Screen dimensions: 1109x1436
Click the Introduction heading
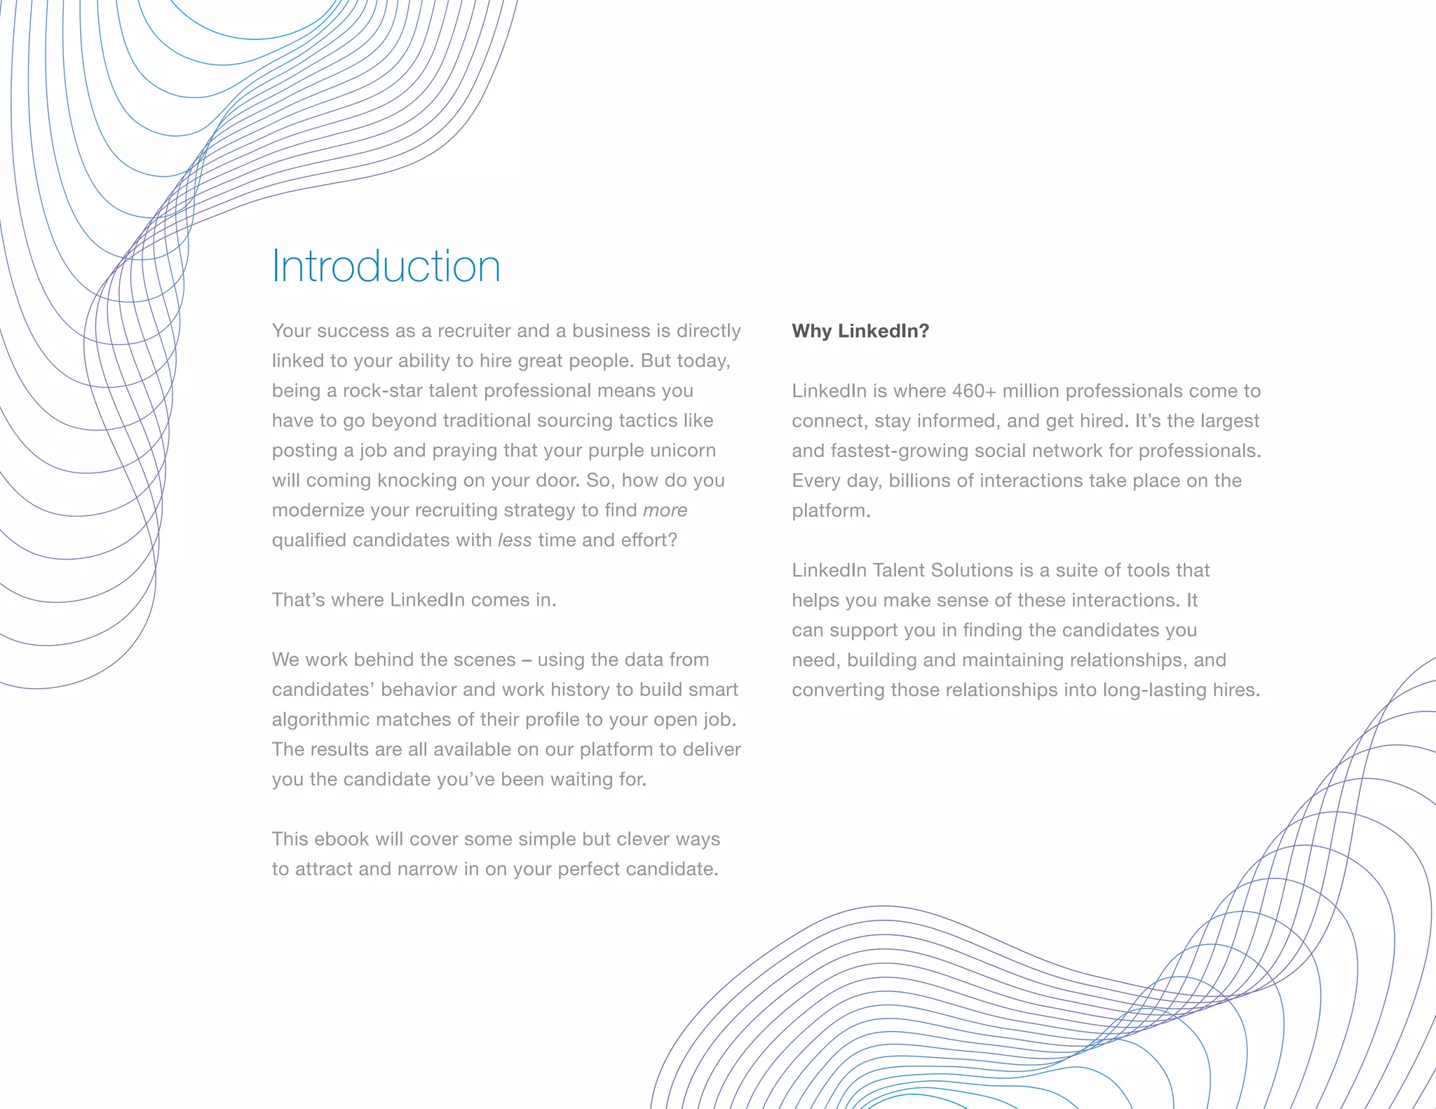point(386,266)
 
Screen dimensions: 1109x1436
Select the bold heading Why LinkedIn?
point(860,331)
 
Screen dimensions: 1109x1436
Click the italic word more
point(665,510)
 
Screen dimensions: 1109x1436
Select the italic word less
point(514,540)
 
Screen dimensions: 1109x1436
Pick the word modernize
point(318,510)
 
